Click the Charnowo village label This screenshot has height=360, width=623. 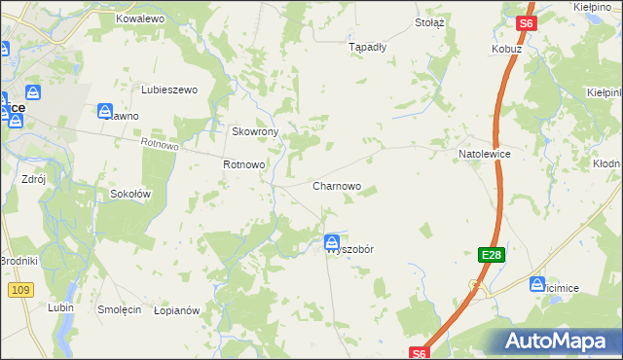pyautogui.click(x=337, y=186)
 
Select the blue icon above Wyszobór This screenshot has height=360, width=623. pyautogui.click(x=332, y=240)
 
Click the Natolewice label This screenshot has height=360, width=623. pyautogui.click(x=485, y=155)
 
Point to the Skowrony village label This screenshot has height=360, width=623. pyautogui.click(x=255, y=131)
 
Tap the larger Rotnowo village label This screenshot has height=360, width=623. pyautogui.click(x=243, y=164)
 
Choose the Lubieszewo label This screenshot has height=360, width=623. pyautogui.click(x=169, y=90)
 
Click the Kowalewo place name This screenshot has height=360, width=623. pyautogui.click(x=140, y=18)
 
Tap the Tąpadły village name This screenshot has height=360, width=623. pyautogui.click(x=368, y=46)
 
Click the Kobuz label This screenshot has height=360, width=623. pyautogui.click(x=507, y=49)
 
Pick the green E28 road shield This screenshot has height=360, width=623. pyautogui.click(x=491, y=255)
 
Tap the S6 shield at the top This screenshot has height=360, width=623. pyautogui.click(x=526, y=23)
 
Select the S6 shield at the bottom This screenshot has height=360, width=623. pyautogui.click(x=419, y=353)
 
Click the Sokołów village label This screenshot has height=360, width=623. pyautogui.click(x=129, y=194)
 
